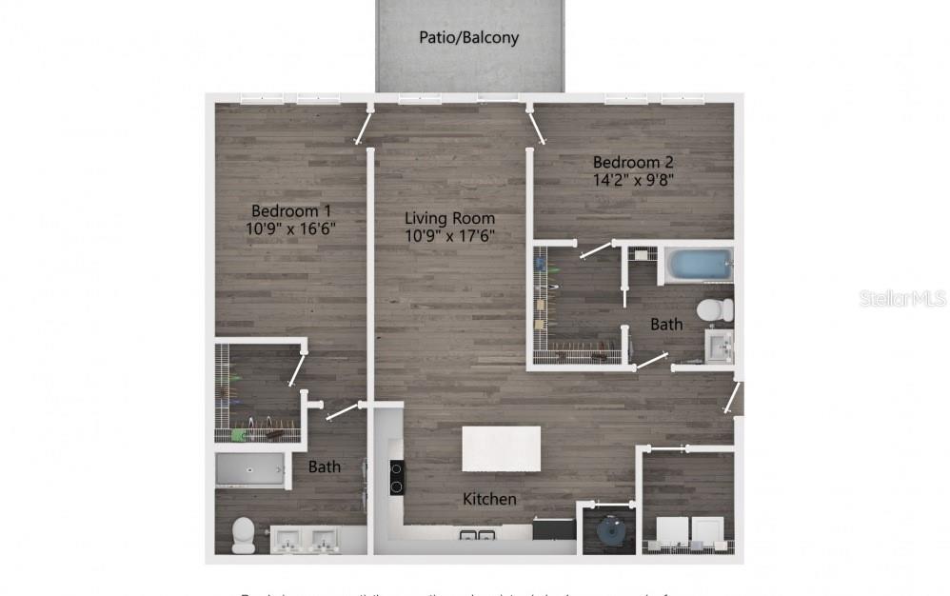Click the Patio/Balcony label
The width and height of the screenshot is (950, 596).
click(468, 38)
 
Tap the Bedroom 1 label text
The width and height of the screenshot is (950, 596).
click(291, 210)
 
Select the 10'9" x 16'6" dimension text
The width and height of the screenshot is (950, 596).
click(291, 228)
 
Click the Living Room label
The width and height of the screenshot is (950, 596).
click(450, 218)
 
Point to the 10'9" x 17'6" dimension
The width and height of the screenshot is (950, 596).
click(450, 235)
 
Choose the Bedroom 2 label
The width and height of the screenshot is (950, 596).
click(633, 161)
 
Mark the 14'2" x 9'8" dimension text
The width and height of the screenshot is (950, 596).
click(634, 179)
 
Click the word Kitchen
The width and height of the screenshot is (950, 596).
click(489, 499)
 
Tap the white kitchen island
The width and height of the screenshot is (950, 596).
click(501, 448)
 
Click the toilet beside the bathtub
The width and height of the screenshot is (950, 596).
click(715, 309)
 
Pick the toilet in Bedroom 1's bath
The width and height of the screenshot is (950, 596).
click(244, 535)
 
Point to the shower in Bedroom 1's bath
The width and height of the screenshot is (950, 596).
click(250, 470)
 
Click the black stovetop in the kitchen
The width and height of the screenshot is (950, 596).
click(397, 476)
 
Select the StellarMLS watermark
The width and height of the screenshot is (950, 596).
click(902, 298)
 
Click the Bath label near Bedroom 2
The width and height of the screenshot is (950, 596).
click(666, 325)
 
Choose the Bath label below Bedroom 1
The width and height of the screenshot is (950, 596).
click(325, 467)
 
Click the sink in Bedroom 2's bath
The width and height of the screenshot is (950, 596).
click(719, 344)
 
